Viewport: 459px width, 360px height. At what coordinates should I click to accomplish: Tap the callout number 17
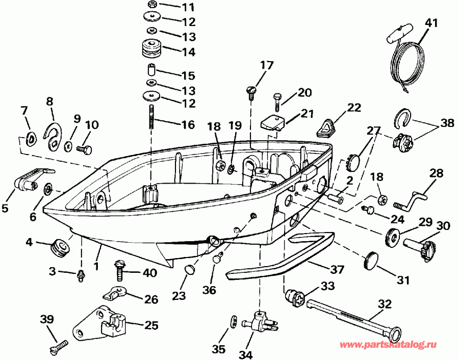click(x=267, y=66)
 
